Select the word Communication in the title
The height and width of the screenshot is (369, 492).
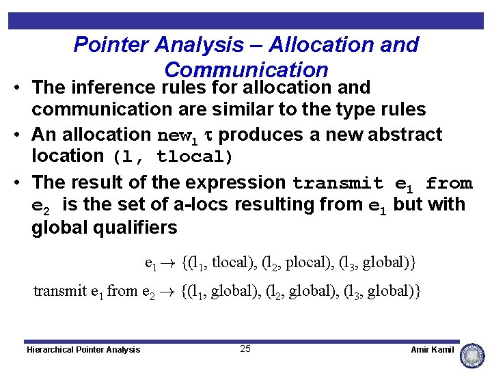coord(247,70)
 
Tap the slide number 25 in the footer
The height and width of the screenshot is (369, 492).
coord(245,349)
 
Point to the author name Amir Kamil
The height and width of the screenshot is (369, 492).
coord(432,350)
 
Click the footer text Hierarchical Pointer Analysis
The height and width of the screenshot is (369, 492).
coord(83,350)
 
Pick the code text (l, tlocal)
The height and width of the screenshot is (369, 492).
coord(173,156)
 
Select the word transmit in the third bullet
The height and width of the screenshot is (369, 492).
coord(338,183)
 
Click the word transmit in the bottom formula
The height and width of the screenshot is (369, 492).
coord(60,291)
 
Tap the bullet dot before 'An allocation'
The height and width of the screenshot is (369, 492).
coord(17,135)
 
